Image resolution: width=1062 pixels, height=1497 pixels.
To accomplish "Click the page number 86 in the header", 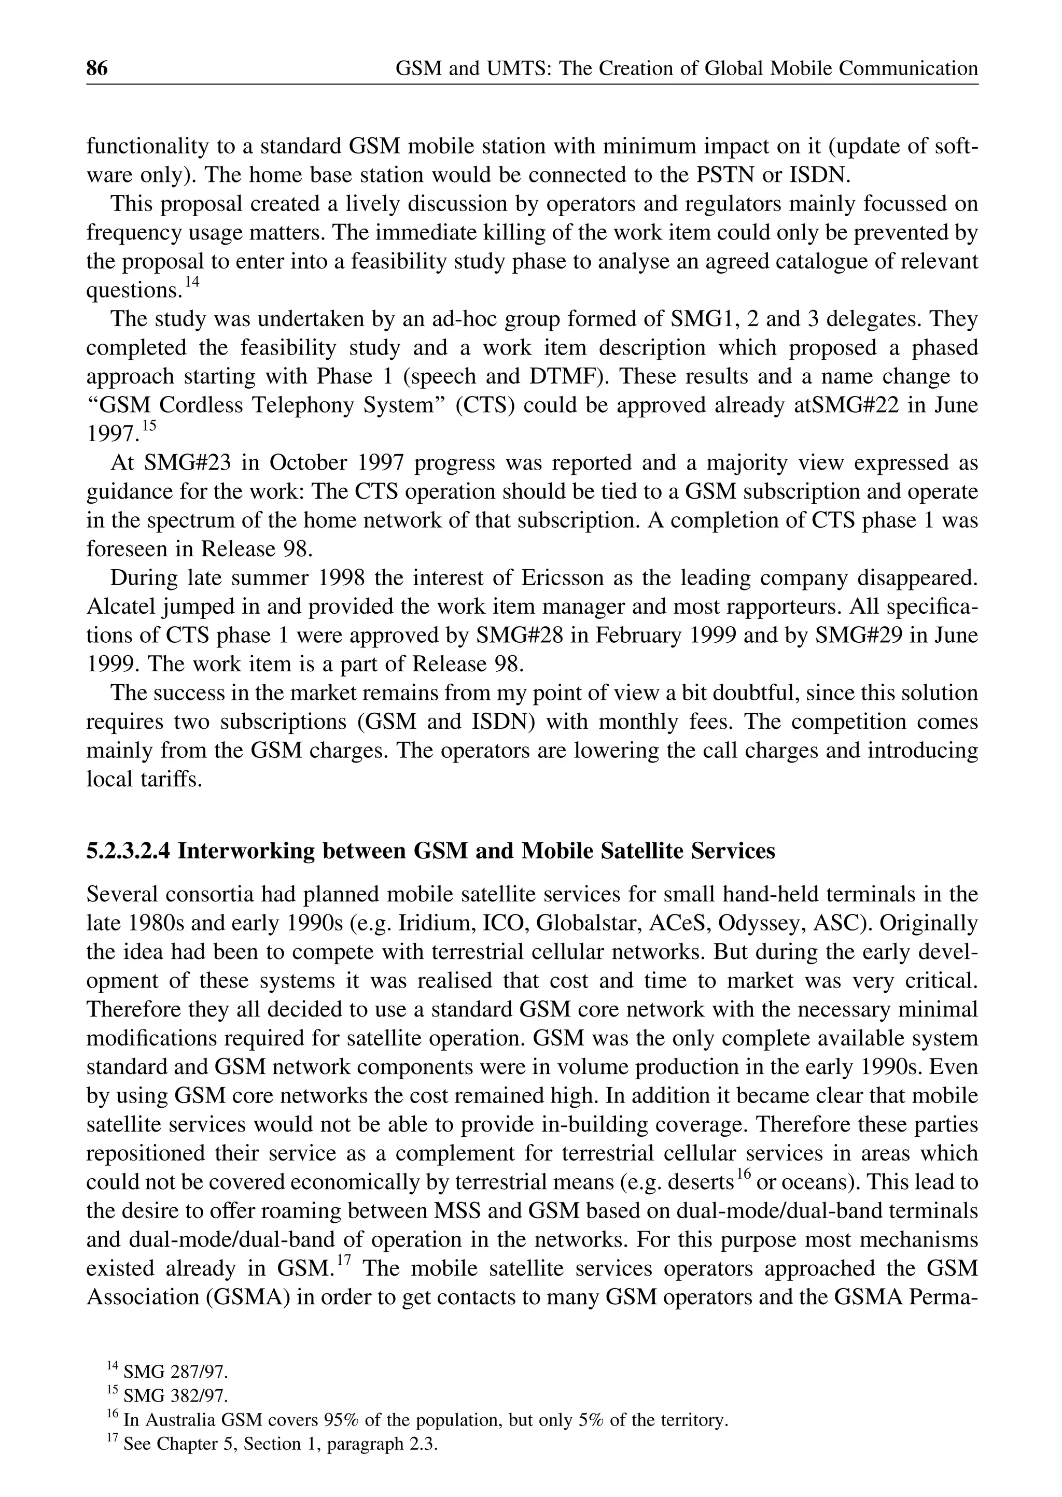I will click(97, 68).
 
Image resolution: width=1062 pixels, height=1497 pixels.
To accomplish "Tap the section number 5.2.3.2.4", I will click(129, 851).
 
